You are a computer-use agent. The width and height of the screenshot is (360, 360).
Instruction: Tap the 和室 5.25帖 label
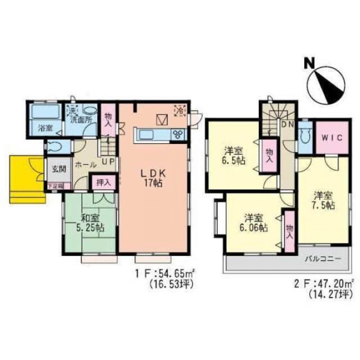click(88, 223)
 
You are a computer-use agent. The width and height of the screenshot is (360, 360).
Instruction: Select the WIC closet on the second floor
click(332, 138)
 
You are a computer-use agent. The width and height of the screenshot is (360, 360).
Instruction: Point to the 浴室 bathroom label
click(44, 128)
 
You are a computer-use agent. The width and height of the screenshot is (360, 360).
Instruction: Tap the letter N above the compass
click(309, 63)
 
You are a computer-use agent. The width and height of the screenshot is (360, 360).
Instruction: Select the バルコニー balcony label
click(323, 259)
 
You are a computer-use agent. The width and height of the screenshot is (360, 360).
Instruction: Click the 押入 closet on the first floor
click(103, 183)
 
